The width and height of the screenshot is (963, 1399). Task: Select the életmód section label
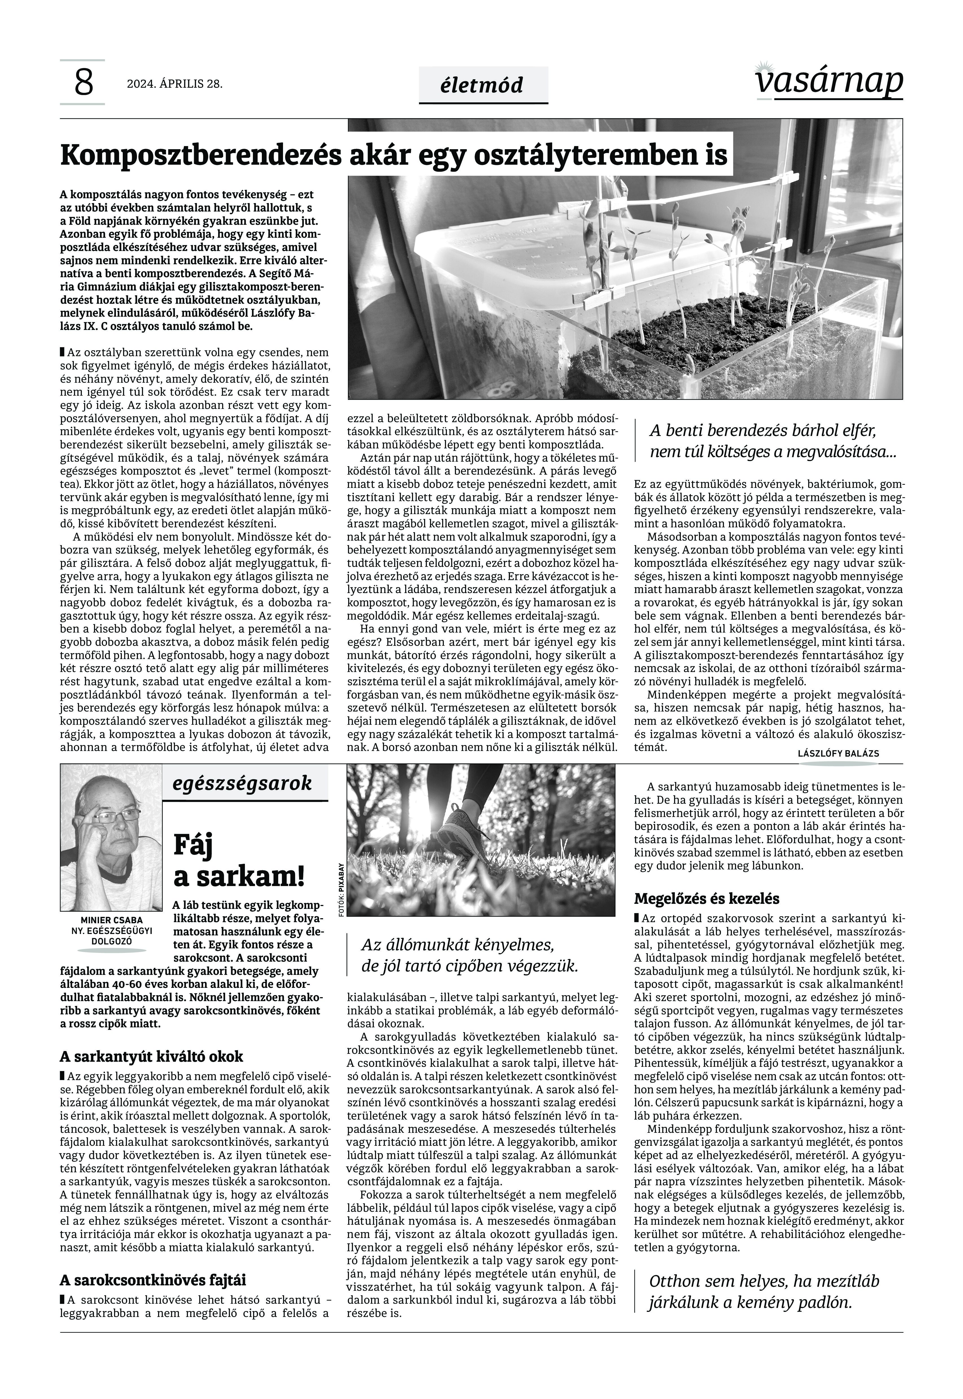pyautogui.click(x=483, y=85)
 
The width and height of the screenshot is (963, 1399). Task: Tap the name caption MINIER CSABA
pyautogui.click(x=112, y=920)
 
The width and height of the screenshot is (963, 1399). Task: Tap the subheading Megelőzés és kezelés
pyautogui.click(x=706, y=898)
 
